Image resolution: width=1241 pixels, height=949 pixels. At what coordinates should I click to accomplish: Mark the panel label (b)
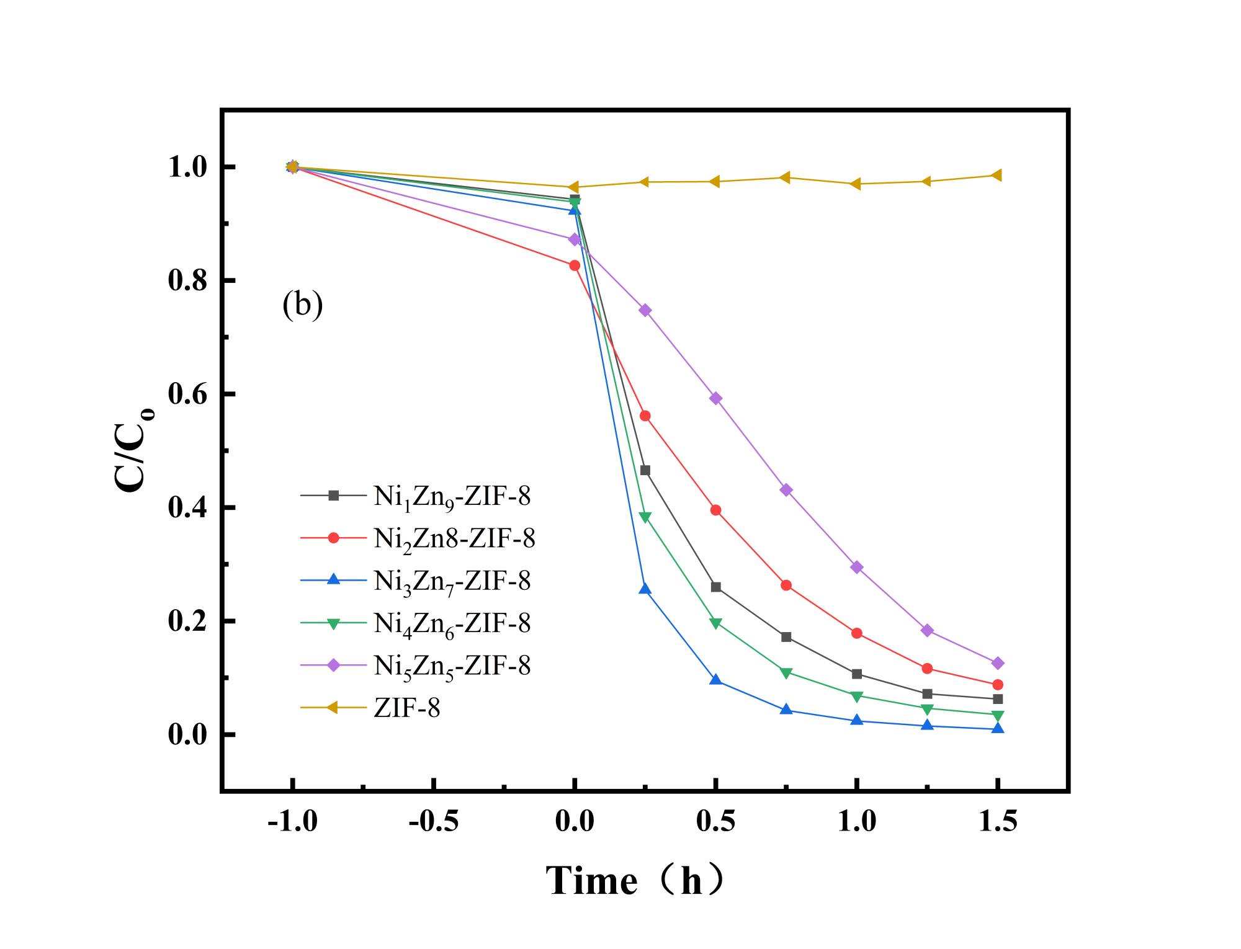tap(302, 305)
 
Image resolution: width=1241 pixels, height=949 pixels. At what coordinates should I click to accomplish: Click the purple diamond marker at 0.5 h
tap(715, 398)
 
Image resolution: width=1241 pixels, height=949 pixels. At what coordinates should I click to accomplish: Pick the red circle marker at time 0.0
tap(575, 265)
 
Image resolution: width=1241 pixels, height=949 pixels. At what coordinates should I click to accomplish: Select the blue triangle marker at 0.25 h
tap(645, 588)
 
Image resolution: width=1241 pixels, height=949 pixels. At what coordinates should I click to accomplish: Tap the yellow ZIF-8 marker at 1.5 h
tap(997, 175)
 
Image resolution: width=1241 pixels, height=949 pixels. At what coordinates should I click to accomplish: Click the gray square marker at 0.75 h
tap(786, 637)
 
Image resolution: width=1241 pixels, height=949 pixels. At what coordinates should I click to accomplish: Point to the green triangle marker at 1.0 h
tap(856, 697)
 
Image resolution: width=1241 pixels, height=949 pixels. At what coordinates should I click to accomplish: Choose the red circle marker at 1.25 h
tap(927, 669)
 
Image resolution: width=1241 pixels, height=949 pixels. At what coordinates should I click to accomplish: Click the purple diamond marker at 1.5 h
tap(998, 663)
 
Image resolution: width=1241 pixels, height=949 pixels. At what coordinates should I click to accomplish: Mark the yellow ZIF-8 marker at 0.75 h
tap(785, 178)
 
